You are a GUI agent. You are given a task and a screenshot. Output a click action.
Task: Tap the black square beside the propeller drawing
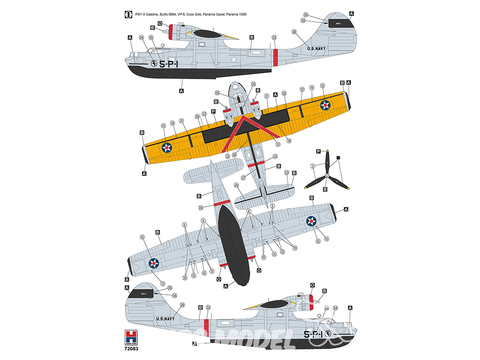[x=338, y=157]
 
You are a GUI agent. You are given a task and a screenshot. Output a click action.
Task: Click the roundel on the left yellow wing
[x=167, y=147]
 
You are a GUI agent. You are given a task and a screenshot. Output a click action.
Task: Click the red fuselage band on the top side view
[x=276, y=58]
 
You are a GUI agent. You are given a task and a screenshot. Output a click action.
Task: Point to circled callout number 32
[x=227, y=156]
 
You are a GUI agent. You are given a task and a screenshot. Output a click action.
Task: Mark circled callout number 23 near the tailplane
[x=287, y=172]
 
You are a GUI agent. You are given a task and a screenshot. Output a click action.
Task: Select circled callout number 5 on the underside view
[x=272, y=206]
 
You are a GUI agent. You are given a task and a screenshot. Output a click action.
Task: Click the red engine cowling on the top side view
[x=170, y=31]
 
